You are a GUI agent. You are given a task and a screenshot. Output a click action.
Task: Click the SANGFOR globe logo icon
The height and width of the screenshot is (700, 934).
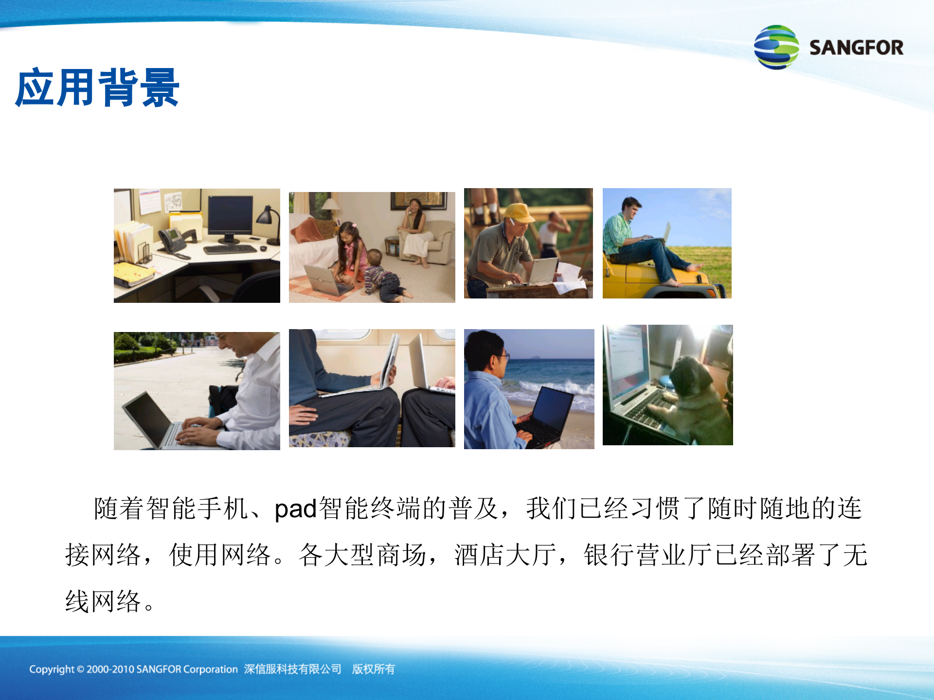(776, 47)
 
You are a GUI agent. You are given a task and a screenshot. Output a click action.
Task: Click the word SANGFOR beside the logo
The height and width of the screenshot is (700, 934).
(856, 48)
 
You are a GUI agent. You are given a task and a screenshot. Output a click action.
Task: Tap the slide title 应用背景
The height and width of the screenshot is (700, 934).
(97, 88)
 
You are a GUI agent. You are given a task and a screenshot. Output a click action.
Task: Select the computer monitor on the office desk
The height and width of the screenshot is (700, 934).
(230, 216)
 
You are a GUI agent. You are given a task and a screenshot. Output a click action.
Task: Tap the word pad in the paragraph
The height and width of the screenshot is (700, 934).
(296, 509)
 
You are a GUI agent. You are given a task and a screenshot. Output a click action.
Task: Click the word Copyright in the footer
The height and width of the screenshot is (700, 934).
(52, 669)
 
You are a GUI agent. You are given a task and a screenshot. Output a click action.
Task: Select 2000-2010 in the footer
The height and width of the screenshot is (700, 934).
(110, 669)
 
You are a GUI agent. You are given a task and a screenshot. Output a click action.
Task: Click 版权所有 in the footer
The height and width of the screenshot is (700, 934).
(374, 669)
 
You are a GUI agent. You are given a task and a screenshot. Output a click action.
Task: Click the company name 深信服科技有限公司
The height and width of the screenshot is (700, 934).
(292, 669)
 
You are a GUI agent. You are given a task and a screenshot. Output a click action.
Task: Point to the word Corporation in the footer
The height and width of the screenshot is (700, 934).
(210, 669)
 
